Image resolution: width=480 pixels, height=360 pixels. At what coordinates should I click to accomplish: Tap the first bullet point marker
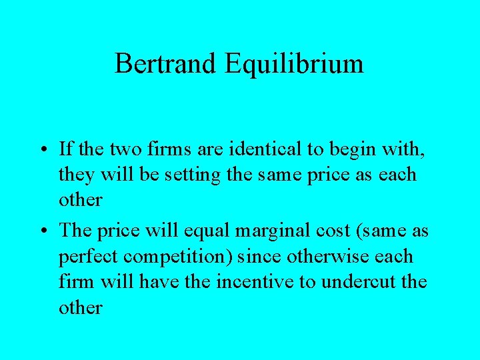tap(41, 149)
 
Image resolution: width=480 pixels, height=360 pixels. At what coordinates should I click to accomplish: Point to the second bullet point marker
tap(41, 231)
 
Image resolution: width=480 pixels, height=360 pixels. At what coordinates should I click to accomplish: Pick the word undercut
tap(359, 282)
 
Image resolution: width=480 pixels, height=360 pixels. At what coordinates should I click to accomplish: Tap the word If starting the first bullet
tap(65, 149)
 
